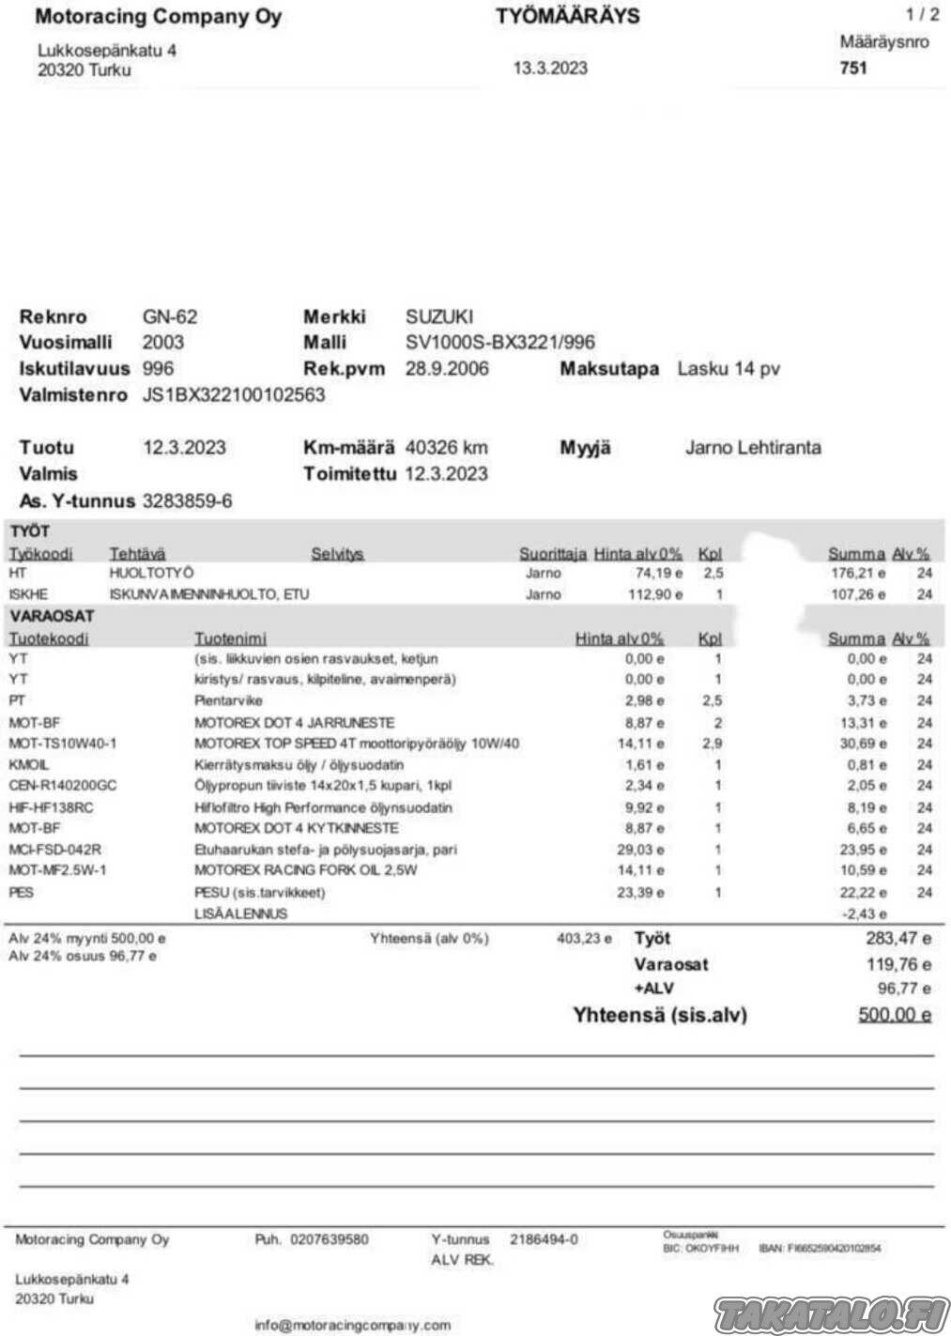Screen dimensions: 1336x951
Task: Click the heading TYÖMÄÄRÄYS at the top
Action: click(567, 16)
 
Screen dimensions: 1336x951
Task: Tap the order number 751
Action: click(853, 68)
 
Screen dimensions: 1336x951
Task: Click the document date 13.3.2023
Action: click(550, 68)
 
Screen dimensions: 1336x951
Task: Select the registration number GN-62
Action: click(170, 316)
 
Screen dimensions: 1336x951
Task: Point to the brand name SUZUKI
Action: click(438, 316)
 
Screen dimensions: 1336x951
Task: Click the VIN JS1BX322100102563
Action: click(234, 394)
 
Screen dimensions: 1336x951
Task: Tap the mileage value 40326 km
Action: click(446, 447)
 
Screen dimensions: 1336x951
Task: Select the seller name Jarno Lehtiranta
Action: click(753, 447)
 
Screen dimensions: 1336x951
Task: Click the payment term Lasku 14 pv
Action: click(729, 368)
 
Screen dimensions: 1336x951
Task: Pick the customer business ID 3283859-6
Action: click(187, 500)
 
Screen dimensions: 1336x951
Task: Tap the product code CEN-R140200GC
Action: click(63, 786)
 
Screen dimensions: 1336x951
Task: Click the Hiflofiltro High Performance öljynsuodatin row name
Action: click(323, 807)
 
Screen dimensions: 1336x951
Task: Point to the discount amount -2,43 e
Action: click(866, 914)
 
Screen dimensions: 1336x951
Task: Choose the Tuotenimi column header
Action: click(230, 638)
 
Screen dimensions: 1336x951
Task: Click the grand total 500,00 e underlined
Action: click(894, 1015)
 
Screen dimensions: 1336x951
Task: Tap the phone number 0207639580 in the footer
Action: click(329, 1239)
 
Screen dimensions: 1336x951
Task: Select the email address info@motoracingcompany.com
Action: click(352, 1325)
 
